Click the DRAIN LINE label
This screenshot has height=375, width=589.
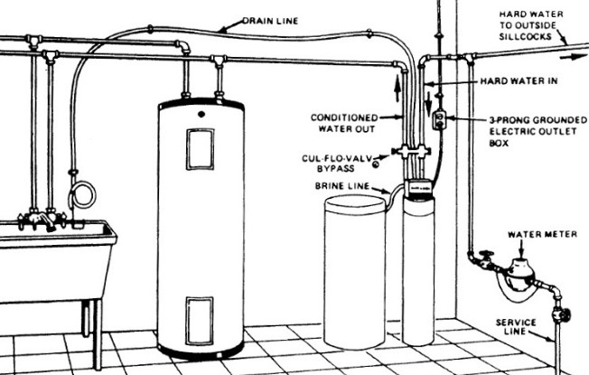tap(270, 21)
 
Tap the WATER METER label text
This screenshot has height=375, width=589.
tap(542, 234)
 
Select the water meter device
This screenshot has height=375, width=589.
tap(520, 272)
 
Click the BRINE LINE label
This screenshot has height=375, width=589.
tap(342, 186)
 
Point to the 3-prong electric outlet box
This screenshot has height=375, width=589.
tap(439, 119)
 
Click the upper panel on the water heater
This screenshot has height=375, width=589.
tap(201, 149)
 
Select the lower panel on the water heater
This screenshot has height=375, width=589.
tap(200, 321)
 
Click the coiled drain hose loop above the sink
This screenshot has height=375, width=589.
tap(82, 195)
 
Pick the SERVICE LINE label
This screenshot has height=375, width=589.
tap(515, 326)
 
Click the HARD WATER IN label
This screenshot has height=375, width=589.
tap(519, 80)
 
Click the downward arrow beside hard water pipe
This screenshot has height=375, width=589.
tap(428, 104)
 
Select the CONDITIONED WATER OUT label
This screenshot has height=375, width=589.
tap(344, 123)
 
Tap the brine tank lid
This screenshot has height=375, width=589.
tap(355, 203)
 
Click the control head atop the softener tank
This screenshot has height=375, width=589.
tap(418, 188)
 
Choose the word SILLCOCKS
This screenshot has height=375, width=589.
tap(525, 36)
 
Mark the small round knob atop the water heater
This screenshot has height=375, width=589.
tap(201, 114)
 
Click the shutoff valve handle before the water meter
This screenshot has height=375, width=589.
tap(487, 256)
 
